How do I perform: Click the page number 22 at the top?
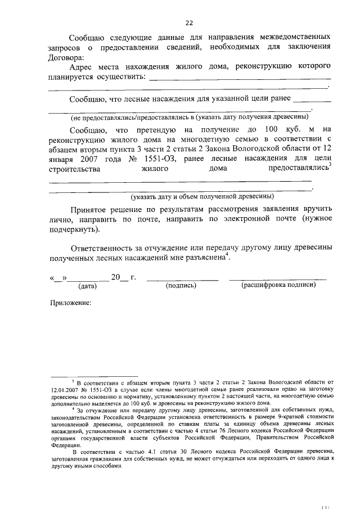(189, 22)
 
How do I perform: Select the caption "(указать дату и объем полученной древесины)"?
(202, 197)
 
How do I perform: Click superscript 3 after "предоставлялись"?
(330, 165)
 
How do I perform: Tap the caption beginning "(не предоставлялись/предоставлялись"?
(189, 117)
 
